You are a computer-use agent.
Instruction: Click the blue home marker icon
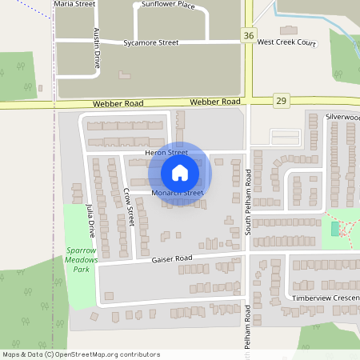click(x=180, y=173)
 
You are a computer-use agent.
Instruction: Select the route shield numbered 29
click(x=280, y=99)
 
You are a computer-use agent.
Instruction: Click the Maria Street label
click(x=74, y=4)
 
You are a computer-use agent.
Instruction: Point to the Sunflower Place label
click(x=168, y=5)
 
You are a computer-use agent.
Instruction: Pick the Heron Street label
click(x=166, y=152)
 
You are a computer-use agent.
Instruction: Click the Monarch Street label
click(x=178, y=193)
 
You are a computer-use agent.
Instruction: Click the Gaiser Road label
click(x=173, y=259)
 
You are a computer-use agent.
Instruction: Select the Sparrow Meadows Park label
click(x=79, y=259)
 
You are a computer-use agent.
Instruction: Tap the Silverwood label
click(x=342, y=117)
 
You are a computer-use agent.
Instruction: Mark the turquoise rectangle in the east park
click(x=334, y=229)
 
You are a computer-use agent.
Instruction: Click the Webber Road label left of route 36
click(x=118, y=102)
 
